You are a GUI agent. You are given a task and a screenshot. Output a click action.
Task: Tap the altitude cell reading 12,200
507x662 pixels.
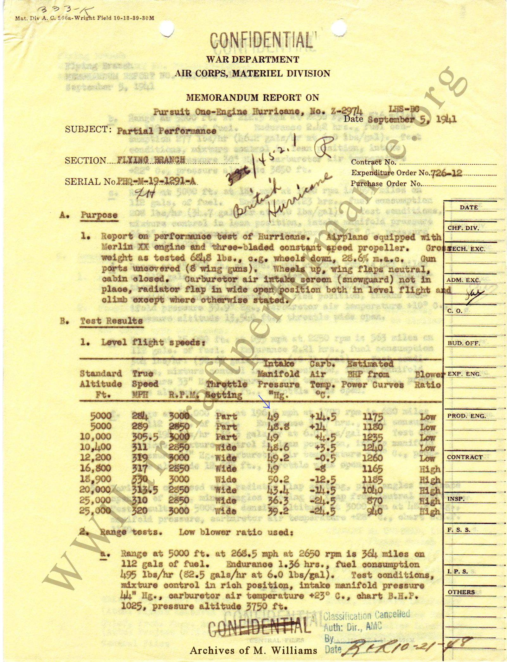pos(96,457)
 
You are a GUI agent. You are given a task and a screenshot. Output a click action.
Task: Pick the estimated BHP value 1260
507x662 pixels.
pos(373,458)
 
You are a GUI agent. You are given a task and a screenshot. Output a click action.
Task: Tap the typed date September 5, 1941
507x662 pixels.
pos(412,120)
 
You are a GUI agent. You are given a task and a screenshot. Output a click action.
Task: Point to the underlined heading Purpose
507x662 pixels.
pos(99,215)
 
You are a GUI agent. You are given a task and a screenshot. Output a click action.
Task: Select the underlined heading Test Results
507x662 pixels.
pos(111,321)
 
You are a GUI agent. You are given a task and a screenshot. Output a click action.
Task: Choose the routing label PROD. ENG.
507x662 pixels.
pos(466,416)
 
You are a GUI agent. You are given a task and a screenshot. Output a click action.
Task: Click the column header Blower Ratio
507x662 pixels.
pos(428,379)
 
